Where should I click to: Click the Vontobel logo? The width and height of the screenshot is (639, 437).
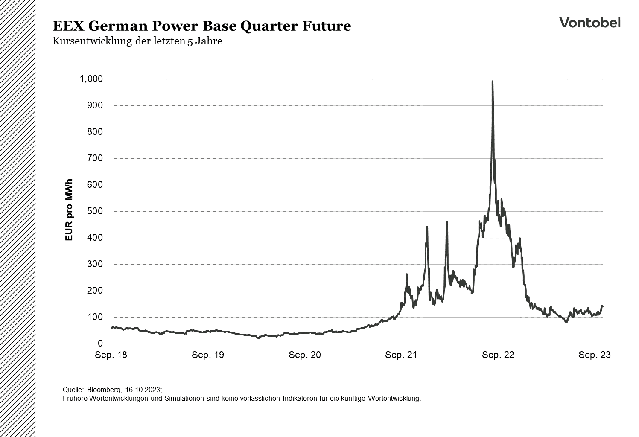[x=589, y=23]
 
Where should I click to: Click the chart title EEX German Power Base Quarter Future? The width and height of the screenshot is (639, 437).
[x=201, y=26]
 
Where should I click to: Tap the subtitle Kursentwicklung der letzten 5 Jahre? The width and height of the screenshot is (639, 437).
[x=137, y=41]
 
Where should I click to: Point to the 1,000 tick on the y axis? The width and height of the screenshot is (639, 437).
[x=91, y=79]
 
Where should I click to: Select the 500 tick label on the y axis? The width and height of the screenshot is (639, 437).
[x=95, y=211]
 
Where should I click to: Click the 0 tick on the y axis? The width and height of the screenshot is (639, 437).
[x=100, y=344]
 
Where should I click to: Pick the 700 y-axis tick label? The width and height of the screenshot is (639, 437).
[x=95, y=158]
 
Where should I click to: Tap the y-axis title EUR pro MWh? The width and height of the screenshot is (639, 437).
[x=69, y=210]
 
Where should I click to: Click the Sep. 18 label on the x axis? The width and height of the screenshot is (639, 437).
[x=111, y=355]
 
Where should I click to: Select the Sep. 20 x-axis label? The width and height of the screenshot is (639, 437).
[x=305, y=355]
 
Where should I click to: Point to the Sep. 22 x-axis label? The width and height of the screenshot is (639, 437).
[x=498, y=355]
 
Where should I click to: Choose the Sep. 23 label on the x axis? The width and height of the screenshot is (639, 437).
[x=595, y=355]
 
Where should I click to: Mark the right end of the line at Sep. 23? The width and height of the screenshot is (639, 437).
[x=602, y=306]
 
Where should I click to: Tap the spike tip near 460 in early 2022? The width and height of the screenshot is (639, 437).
[x=446, y=222]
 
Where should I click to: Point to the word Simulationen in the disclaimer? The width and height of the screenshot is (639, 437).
[x=183, y=399]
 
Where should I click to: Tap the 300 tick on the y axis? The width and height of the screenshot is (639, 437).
[x=95, y=264]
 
